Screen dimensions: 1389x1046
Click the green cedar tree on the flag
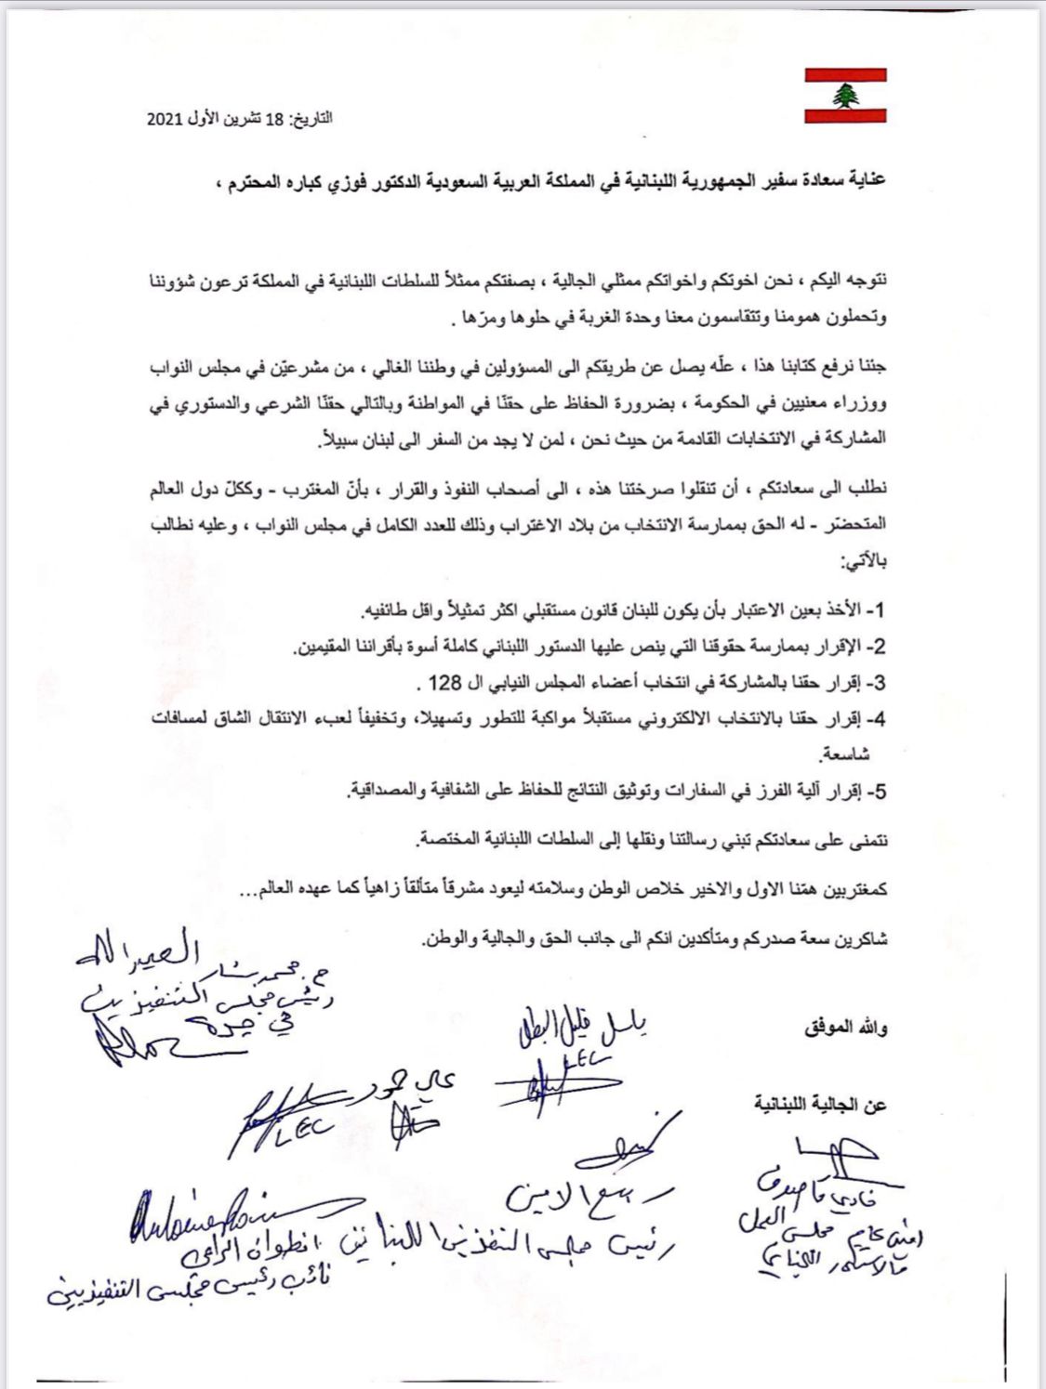click(x=845, y=95)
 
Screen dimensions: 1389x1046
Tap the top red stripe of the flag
click(x=845, y=74)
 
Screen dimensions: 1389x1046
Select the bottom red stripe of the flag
click(x=845, y=115)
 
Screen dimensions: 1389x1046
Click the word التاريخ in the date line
click(x=312, y=121)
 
